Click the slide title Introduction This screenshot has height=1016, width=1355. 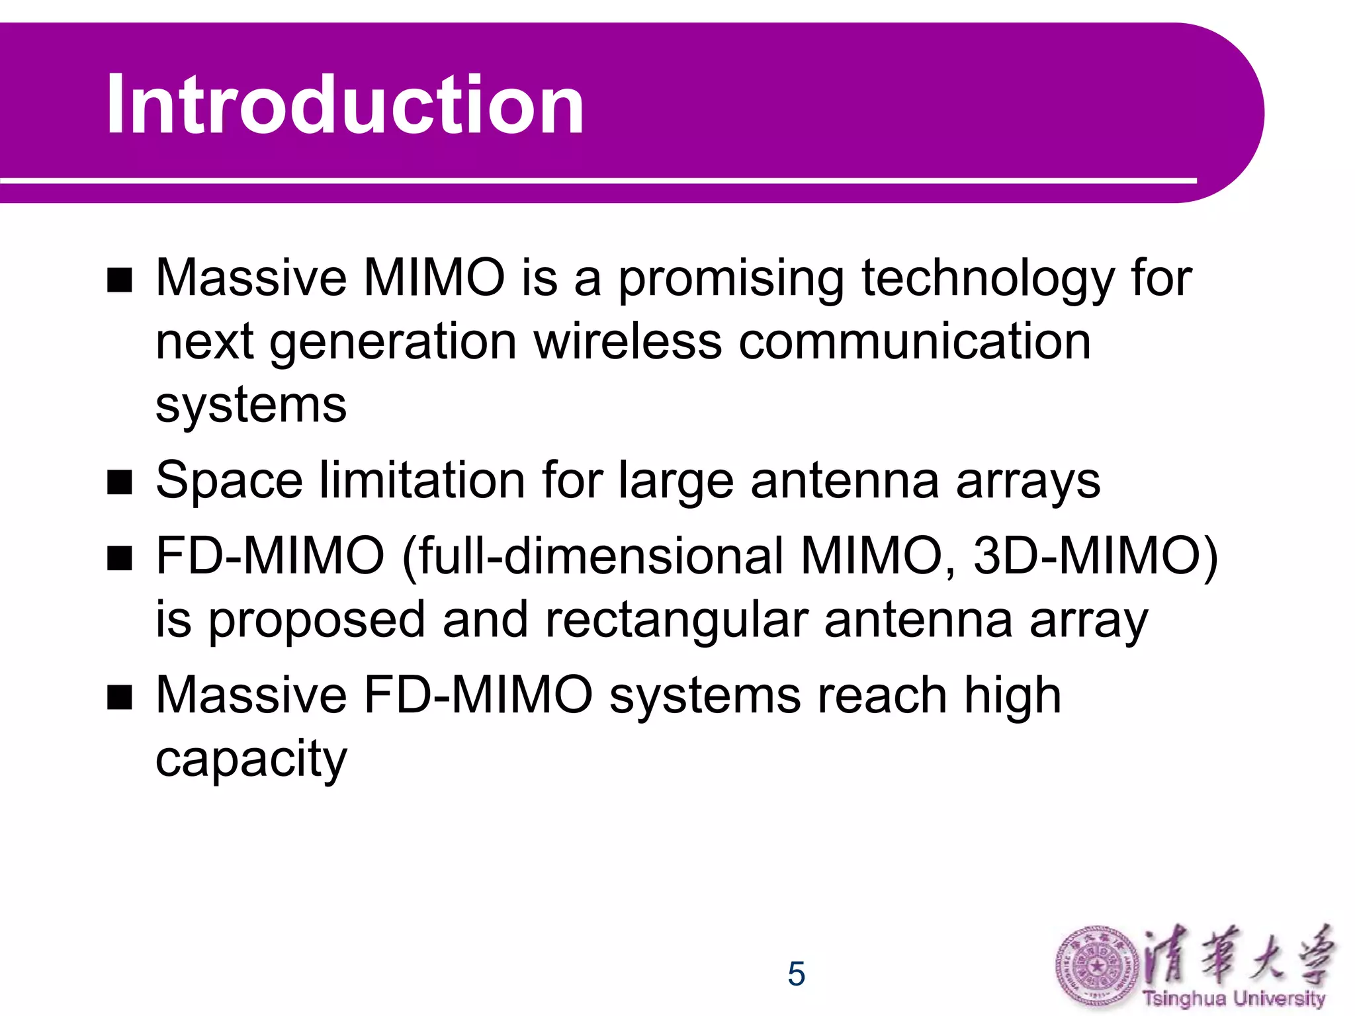344,105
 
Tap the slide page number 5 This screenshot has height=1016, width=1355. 796,974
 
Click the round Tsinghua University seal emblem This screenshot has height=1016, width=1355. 1096,967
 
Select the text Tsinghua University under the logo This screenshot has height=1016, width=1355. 1234,998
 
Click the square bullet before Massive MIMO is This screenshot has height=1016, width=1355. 120,280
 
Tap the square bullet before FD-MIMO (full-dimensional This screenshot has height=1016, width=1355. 120,558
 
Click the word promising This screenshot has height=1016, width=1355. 731,279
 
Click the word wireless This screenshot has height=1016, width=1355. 627,342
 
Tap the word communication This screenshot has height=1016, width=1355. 914,342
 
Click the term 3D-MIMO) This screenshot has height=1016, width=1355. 1095,556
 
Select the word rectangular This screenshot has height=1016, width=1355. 677,620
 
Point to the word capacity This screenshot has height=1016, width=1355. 251,759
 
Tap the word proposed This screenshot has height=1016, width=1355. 317,620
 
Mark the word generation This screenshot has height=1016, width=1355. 393,342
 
